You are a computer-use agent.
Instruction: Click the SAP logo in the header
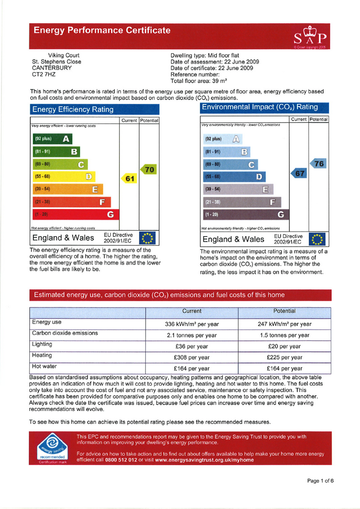tap(310, 36)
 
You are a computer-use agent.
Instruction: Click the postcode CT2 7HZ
tap(44, 75)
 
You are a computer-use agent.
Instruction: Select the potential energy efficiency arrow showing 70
tap(148, 170)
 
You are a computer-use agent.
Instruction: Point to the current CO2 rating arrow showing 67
tap(298, 173)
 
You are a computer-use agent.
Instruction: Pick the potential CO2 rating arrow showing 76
tap(318, 164)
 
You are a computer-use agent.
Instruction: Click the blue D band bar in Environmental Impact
tap(234, 176)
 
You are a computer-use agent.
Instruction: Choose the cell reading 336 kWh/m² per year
tap(191, 324)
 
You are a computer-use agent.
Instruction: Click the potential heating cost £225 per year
tap(284, 357)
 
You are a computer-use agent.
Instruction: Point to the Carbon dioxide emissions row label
tap(65, 333)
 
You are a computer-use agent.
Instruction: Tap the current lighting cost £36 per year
tap(191, 346)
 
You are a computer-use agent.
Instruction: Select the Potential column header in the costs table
tap(284, 311)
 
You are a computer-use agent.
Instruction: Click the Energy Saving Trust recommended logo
tap(52, 447)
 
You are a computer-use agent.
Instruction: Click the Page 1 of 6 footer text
tap(320, 481)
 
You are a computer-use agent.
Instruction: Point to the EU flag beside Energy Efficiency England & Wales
tap(148, 239)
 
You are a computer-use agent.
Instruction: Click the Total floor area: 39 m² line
tap(198, 81)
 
